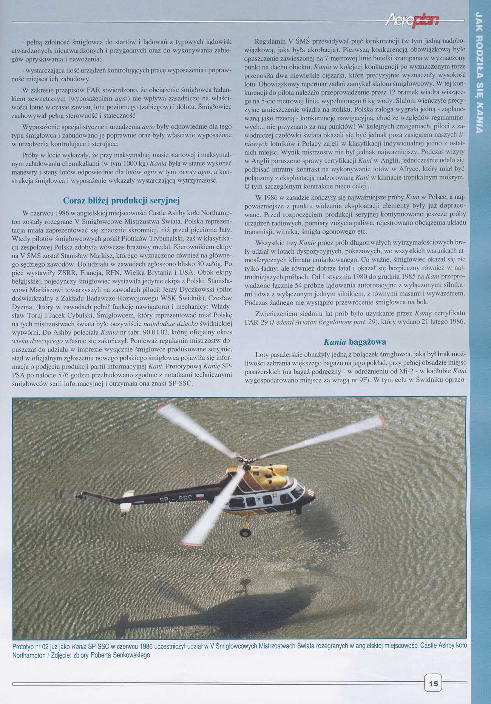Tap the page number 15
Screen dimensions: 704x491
click(433, 684)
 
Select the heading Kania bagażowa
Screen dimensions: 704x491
click(355, 342)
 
